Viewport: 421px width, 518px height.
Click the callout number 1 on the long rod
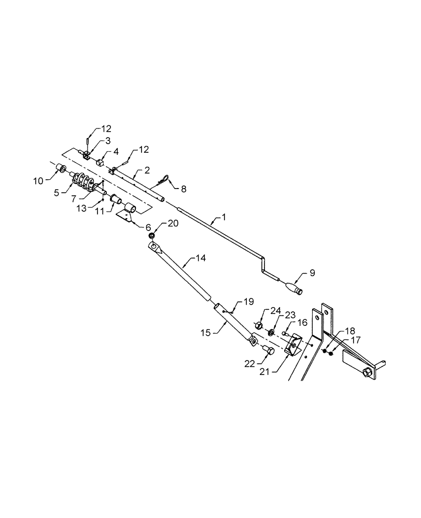224,218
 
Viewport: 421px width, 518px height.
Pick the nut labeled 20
151,237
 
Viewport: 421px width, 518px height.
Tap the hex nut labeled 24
257,325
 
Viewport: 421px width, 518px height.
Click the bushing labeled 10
61,168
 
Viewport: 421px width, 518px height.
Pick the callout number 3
107,140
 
